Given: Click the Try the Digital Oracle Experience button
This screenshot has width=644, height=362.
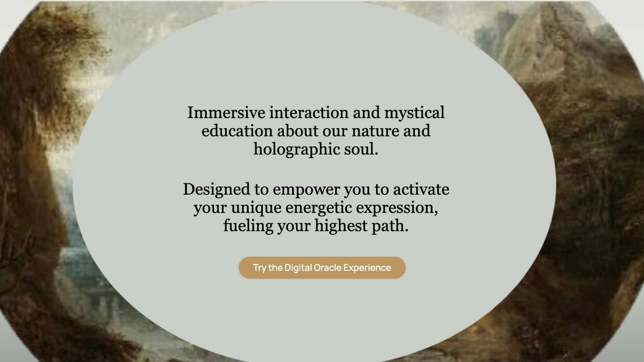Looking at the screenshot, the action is [x=322, y=267].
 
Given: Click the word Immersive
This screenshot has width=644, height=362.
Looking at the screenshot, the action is [x=226, y=112].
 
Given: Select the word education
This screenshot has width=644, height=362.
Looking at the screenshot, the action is [x=237, y=131].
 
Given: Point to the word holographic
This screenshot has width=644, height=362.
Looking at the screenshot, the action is [x=297, y=150].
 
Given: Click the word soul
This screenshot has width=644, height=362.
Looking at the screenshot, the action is [x=361, y=149].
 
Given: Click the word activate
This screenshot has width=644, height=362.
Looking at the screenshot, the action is [x=421, y=189].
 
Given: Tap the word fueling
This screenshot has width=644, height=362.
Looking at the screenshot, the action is [x=248, y=227].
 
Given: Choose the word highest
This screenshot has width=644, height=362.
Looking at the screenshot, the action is [x=341, y=227].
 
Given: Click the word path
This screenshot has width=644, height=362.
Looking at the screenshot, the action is [x=390, y=226].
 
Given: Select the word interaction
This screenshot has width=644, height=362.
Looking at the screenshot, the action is [x=309, y=112].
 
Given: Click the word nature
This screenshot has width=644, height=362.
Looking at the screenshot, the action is [x=375, y=131].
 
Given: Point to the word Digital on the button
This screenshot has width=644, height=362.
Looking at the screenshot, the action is [x=298, y=268].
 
